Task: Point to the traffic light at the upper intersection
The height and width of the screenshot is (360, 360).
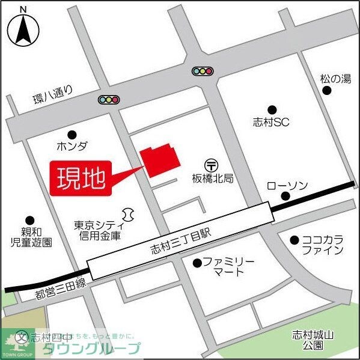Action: [x=203, y=71]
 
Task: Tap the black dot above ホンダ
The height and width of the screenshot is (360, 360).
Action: [x=72, y=134]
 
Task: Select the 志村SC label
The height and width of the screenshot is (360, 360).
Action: [x=272, y=122]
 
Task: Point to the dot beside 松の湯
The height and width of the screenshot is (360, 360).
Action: [x=326, y=91]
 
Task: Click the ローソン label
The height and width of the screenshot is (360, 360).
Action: [x=287, y=185]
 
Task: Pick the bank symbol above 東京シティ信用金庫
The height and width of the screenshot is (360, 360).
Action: [x=127, y=213]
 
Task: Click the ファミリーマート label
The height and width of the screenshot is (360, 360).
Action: [x=228, y=267]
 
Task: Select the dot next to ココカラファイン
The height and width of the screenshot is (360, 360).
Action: [x=294, y=240]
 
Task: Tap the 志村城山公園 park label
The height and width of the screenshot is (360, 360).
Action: [x=313, y=340]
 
